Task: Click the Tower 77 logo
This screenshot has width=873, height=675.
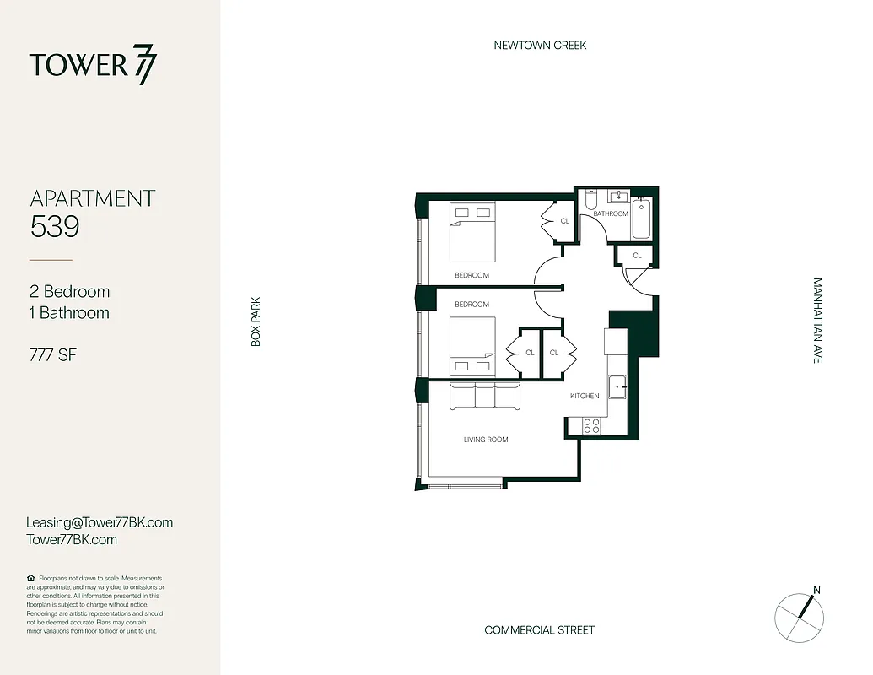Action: click(93, 66)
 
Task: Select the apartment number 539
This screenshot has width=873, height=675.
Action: click(55, 226)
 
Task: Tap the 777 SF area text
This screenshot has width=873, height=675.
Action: click(53, 355)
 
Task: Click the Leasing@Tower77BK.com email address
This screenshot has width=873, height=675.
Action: click(100, 522)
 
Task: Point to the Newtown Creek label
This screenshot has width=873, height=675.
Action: click(540, 45)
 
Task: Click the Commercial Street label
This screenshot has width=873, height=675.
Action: click(539, 630)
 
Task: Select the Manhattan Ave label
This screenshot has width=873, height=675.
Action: click(816, 321)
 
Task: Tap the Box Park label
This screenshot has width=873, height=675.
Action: click(256, 321)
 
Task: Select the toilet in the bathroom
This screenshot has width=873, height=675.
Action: click(590, 201)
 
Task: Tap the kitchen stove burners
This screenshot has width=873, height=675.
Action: click(591, 426)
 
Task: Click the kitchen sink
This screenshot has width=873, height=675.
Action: click(618, 386)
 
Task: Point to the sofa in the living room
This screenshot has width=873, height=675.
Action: click(484, 396)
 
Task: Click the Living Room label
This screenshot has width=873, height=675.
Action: click(486, 440)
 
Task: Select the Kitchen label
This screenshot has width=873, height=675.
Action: click(585, 396)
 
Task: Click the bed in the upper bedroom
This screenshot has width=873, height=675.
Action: click(472, 232)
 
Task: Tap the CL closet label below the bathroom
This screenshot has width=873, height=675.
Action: click(637, 255)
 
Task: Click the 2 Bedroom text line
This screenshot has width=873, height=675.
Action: click(70, 292)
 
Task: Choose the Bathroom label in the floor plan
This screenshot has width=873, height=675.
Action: click(610, 214)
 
